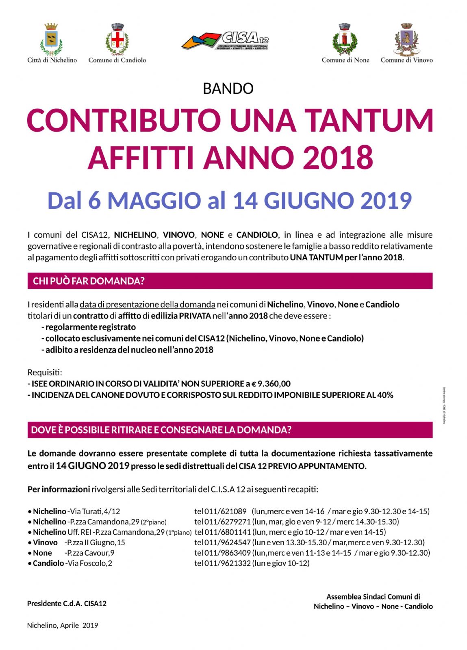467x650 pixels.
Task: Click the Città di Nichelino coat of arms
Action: (51, 39)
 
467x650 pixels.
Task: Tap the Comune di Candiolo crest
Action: (117, 39)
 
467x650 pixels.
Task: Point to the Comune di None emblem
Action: (345, 39)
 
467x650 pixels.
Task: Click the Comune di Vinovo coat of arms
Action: (406, 39)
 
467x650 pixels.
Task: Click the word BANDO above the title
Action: (228, 89)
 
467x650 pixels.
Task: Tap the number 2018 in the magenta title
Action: (338, 158)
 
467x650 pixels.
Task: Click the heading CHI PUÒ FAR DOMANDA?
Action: (89, 281)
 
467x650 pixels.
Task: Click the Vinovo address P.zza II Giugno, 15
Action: (95, 542)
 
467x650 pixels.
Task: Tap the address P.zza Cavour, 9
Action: (89, 553)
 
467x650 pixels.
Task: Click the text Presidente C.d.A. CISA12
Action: (67, 603)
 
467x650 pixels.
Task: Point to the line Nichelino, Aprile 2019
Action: (63, 625)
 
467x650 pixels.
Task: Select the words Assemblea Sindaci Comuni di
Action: (373, 596)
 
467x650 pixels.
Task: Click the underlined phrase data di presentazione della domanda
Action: (147, 304)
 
